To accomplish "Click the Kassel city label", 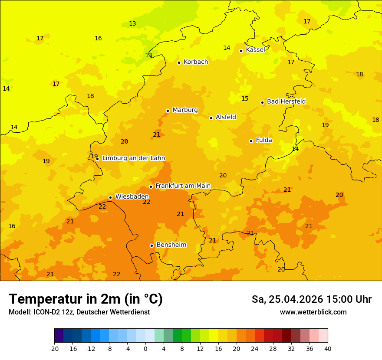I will [x=255, y=50].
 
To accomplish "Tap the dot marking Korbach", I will [x=179, y=62].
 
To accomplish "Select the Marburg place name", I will [x=185, y=110].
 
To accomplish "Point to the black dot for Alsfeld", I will [x=211, y=118].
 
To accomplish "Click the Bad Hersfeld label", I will [x=286, y=101].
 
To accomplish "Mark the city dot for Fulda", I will [x=251, y=141].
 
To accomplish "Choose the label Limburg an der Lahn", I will [x=133, y=158].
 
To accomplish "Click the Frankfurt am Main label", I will [x=183, y=186].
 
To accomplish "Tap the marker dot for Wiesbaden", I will [x=111, y=197].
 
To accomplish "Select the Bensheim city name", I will [x=171, y=245].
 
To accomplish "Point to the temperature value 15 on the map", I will [x=245, y=99].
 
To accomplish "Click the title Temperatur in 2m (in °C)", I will [x=86, y=299].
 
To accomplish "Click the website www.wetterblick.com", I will [x=313, y=312].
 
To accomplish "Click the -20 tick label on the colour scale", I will [x=54, y=348].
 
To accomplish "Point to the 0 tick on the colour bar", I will [x=145, y=348].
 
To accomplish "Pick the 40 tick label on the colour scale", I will [x=328, y=348].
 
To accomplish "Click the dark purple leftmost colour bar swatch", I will [x=59, y=336].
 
